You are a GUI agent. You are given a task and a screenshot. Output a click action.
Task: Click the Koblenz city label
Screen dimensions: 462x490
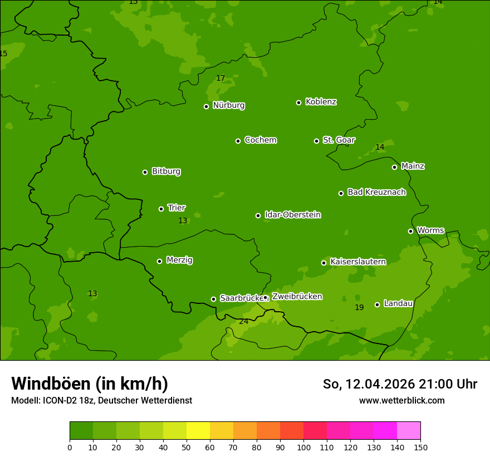[x=321, y=102]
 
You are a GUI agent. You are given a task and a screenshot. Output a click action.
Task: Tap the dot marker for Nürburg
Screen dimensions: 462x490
[x=206, y=106]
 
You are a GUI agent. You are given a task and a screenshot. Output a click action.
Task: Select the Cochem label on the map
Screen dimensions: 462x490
[x=260, y=140]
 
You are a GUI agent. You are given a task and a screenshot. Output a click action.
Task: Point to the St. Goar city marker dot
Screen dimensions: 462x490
[x=316, y=141]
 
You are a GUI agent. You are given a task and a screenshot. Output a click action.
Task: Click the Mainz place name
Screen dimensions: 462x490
[x=413, y=166]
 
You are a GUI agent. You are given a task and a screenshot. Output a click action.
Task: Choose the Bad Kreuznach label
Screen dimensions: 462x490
[x=376, y=192]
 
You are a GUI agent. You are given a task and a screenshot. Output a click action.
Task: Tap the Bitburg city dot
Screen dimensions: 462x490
[x=145, y=172]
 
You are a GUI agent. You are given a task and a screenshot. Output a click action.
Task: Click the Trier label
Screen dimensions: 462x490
[x=177, y=208]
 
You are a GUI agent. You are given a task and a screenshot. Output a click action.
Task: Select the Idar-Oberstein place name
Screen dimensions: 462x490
[x=292, y=215]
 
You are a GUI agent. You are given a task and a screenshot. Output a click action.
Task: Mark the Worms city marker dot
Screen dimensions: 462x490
[x=410, y=231]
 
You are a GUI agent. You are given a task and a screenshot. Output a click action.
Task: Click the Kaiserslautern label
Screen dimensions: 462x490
[x=357, y=262]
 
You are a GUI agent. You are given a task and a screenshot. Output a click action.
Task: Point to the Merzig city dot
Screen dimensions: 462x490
[x=159, y=261]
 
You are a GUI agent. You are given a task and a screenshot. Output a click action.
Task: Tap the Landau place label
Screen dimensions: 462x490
[x=398, y=303]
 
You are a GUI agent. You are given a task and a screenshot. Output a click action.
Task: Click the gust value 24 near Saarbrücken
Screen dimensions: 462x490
[x=244, y=321]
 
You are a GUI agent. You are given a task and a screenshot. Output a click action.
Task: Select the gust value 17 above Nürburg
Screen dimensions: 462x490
[x=220, y=78]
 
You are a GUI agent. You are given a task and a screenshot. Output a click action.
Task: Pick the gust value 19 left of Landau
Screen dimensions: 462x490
[x=359, y=307]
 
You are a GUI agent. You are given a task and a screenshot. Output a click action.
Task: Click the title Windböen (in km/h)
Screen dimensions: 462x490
[x=90, y=384]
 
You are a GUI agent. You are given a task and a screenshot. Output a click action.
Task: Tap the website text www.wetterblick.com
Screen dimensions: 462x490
[x=401, y=400]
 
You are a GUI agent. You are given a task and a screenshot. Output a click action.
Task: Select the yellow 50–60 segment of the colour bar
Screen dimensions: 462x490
[x=198, y=431]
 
